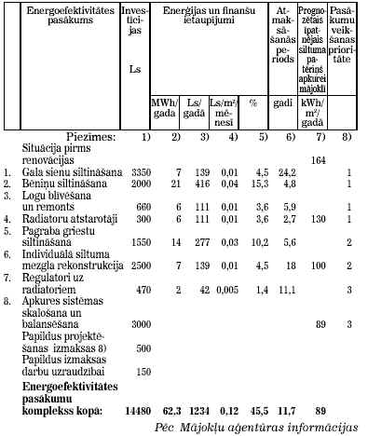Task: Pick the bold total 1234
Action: point(196,409)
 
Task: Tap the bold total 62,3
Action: point(168,409)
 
